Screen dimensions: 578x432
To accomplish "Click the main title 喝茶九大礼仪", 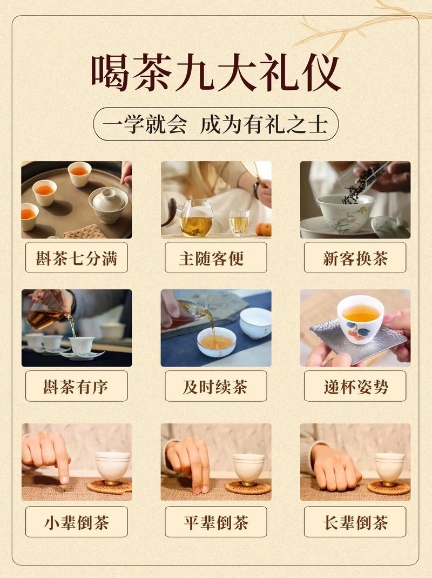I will click(216, 73).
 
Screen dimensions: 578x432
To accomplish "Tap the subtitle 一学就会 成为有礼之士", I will click(216, 124).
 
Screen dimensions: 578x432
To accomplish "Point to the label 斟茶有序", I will click(76, 386).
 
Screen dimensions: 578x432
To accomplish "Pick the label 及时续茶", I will click(216, 386).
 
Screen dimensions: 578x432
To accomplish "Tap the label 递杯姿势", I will click(355, 386).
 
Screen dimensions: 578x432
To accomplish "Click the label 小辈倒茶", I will click(76, 522).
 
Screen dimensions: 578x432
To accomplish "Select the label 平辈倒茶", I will click(216, 522).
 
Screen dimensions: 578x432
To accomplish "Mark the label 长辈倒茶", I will click(355, 522).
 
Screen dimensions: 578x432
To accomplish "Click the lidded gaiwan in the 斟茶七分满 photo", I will click(108, 203).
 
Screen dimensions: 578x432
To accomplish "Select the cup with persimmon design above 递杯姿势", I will click(360, 319).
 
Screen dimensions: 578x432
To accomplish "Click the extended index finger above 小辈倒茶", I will click(63, 465).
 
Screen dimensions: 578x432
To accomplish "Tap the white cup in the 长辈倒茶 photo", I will click(389, 466).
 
